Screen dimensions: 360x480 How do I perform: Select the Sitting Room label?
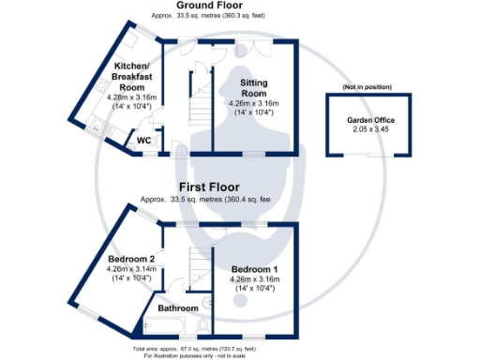click(x=254, y=88)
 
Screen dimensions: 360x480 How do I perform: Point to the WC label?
click(x=144, y=141)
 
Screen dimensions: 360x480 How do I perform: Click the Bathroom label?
click(x=178, y=308)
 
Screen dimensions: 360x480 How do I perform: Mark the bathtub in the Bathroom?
click(x=160, y=325)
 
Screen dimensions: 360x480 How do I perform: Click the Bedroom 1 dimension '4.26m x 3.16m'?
click(x=255, y=278)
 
